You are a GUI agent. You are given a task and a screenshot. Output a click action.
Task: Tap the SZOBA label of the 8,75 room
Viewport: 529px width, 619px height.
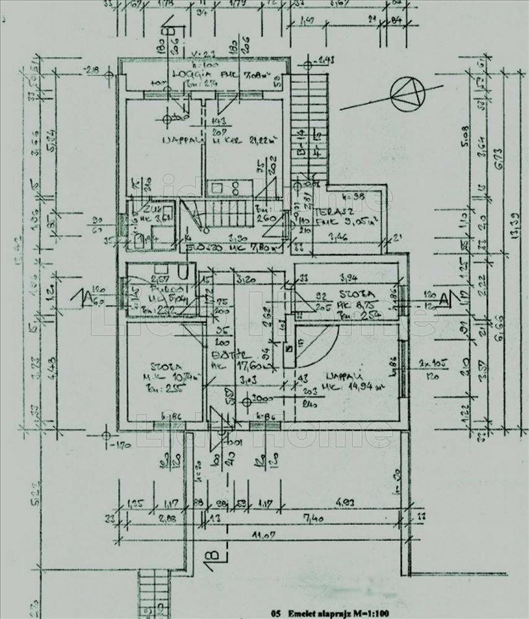click(x=356, y=293)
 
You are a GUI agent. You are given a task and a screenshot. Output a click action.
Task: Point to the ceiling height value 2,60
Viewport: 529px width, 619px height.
click(x=265, y=217)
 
